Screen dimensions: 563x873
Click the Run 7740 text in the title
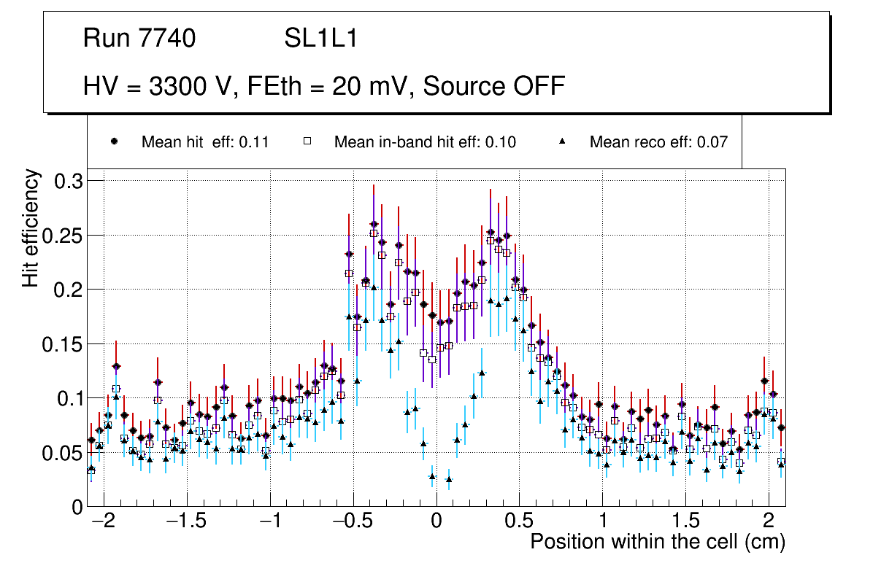coord(139,39)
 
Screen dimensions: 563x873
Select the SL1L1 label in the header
coord(320,39)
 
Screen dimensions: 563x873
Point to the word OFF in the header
coord(536,86)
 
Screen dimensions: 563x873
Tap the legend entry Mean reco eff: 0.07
coord(658,142)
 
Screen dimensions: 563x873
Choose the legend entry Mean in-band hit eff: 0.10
coord(425,142)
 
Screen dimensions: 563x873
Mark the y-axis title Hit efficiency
coord(31,228)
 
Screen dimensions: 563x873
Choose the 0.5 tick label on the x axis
coord(519,522)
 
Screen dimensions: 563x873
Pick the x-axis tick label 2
coord(768,522)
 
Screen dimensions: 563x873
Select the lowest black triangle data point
coord(449,479)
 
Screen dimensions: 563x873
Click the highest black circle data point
coord(374,225)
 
